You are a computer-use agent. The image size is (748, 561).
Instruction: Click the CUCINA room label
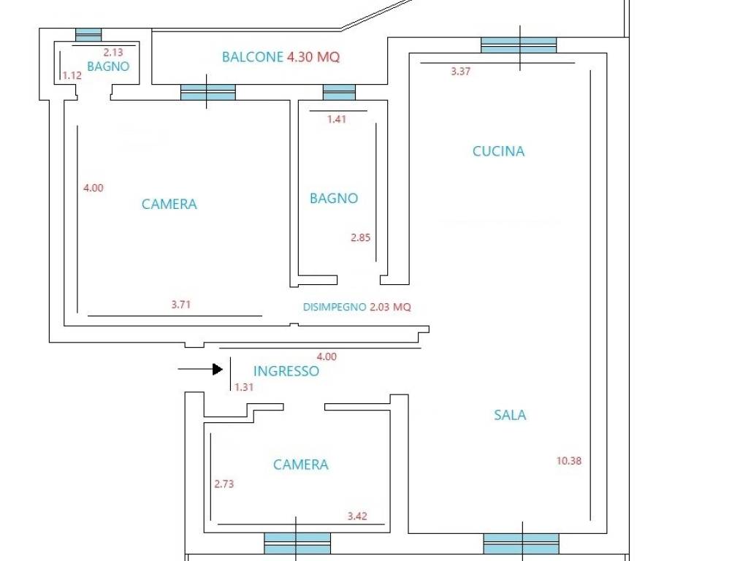point(498,151)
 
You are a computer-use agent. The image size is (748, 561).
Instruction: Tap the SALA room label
point(510,415)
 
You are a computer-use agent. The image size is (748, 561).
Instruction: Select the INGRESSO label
point(286,371)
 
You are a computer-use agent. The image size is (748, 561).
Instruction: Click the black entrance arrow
point(200,369)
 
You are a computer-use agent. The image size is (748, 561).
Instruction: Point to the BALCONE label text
point(253,57)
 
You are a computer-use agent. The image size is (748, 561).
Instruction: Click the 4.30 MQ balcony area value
point(313,57)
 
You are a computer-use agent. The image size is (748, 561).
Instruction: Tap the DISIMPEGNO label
point(335,308)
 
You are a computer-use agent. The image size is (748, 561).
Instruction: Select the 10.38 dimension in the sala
point(569,461)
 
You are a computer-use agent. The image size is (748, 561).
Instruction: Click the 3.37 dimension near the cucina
point(461,72)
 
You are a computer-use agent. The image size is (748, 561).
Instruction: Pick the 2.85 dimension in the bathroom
point(361,237)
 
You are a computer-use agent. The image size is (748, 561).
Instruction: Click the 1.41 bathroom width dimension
point(337,119)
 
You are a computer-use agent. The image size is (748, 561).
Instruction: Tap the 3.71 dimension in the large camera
point(181,305)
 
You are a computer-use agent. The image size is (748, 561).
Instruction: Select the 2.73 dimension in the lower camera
point(224,484)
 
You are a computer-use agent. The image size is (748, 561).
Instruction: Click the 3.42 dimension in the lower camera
point(357,516)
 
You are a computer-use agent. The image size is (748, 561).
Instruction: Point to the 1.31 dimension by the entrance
point(244,387)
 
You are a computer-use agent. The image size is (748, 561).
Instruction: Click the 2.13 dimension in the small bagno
point(113,53)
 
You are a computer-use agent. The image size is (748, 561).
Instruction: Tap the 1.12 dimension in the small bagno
point(72,75)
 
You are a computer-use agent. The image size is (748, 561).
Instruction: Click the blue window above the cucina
point(519,45)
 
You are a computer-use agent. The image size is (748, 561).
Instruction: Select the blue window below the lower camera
point(297,543)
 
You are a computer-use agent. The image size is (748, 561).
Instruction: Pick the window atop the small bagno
point(88,35)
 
